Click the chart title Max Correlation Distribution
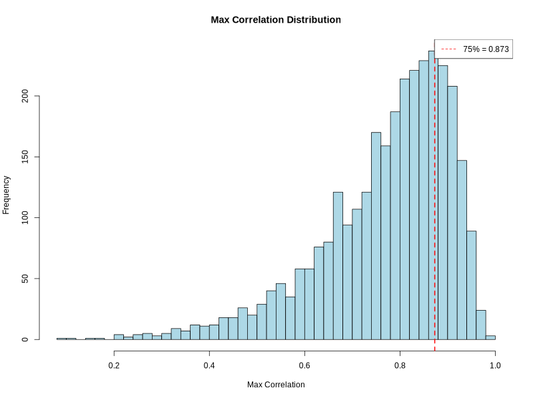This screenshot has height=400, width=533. [276, 20]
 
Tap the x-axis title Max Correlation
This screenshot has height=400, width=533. [276, 385]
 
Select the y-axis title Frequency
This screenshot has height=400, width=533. [7, 195]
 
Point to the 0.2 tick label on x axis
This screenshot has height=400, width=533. [114, 365]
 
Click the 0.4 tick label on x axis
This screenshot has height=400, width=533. [209, 365]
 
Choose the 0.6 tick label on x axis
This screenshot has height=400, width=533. [304, 365]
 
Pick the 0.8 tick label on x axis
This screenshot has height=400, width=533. [400, 365]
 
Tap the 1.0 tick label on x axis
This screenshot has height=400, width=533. [495, 365]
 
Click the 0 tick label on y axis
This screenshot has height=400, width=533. [25, 339]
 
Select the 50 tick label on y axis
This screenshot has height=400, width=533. [25, 279]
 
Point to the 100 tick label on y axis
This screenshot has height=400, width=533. [25, 218]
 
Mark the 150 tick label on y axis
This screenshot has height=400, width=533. [25, 157]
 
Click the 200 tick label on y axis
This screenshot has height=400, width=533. [25, 97]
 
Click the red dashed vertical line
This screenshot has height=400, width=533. [435, 200]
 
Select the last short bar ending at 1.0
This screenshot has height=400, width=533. [490, 337]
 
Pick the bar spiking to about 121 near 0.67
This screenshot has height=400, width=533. [338, 267]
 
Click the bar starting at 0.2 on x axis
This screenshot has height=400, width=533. [119, 337]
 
